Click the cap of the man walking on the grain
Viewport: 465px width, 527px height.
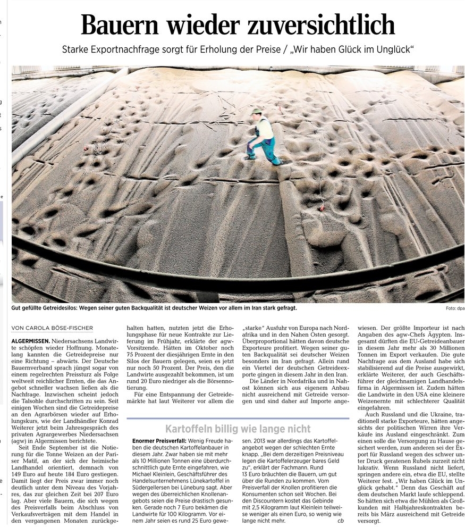coord(257,111)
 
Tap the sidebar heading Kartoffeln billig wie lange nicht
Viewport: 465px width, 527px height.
coord(238,429)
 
